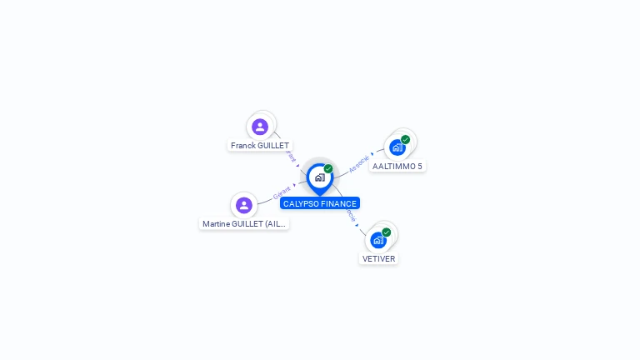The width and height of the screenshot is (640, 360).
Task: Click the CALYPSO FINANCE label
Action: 320,203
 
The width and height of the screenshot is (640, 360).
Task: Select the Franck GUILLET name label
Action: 260,145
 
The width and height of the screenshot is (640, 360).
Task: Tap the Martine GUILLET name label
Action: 244,223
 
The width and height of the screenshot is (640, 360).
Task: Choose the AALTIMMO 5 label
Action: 397,166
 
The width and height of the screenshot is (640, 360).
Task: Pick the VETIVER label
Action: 378,258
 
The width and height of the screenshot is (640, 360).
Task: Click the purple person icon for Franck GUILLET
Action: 260,127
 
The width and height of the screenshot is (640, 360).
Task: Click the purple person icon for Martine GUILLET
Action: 243,205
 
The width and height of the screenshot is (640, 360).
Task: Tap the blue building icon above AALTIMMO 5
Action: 397,147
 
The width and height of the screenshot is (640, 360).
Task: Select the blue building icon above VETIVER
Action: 378,240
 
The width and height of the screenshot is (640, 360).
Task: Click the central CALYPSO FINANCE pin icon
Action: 319,177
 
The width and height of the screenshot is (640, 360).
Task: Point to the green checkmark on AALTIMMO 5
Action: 405,140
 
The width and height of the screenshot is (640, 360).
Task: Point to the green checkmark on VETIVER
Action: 386,232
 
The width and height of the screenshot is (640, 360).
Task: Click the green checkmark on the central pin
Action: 328,169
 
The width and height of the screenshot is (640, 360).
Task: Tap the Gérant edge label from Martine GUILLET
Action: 282,194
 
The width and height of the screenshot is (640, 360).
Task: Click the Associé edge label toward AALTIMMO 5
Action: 359,162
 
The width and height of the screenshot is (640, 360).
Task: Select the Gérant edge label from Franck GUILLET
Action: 291,156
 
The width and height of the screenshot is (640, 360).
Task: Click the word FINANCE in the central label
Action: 337,203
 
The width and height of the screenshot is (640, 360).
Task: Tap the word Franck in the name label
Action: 243,145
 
